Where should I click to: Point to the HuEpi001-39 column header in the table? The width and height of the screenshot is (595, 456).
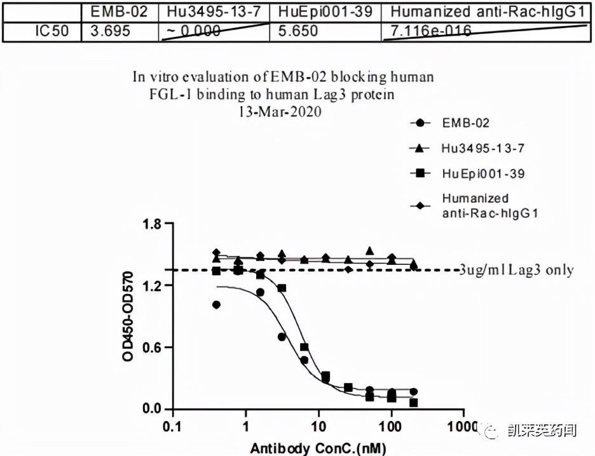[x=324, y=12]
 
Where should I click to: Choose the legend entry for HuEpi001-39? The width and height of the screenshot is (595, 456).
[x=474, y=173]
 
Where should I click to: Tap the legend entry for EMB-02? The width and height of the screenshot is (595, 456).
[x=466, y=123]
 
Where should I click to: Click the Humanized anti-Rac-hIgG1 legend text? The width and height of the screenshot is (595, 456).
[x=489, y=206]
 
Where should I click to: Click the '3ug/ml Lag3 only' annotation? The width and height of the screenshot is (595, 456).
[x=516, y=270]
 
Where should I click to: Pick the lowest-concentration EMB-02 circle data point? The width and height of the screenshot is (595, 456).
[x=217, y=305]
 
